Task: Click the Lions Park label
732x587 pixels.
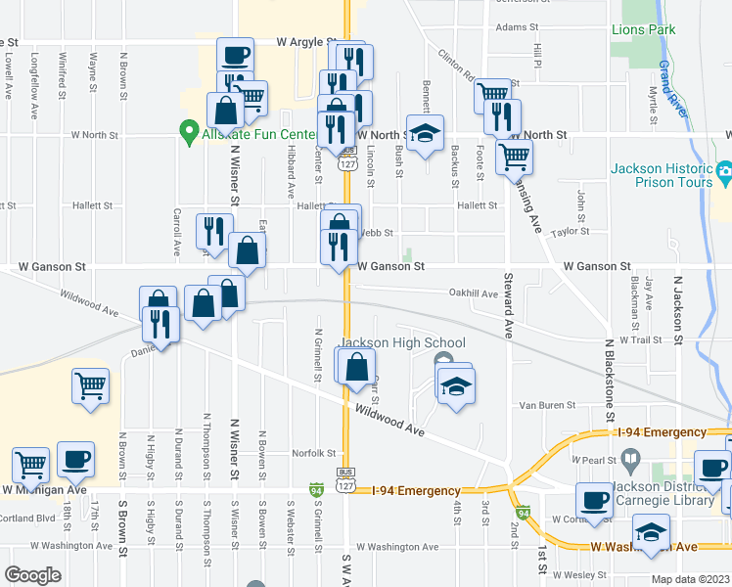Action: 643,30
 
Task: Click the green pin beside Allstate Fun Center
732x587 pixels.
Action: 183,130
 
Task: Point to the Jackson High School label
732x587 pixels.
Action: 401,342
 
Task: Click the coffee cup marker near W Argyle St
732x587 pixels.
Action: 236,56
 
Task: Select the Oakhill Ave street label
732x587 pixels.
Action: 474,293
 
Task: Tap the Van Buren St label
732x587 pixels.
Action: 544,404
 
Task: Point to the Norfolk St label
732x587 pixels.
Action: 315,453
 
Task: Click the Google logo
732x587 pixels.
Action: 32,574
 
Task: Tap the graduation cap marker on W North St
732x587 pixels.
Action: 426,135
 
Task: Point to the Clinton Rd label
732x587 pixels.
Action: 456,66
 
